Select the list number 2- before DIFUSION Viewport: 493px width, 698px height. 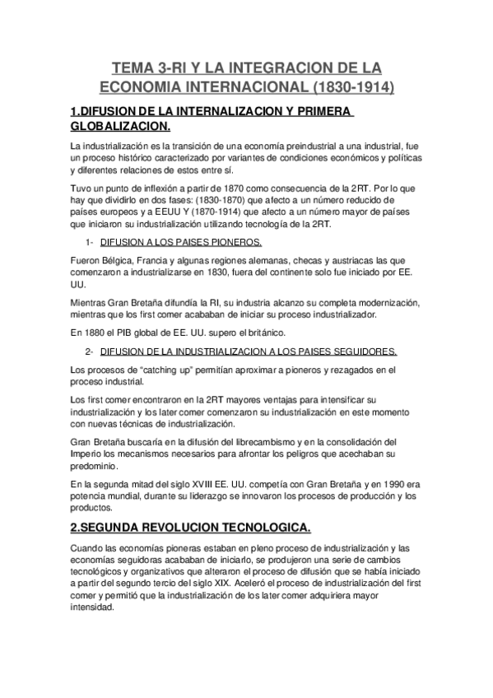[90, 351]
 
